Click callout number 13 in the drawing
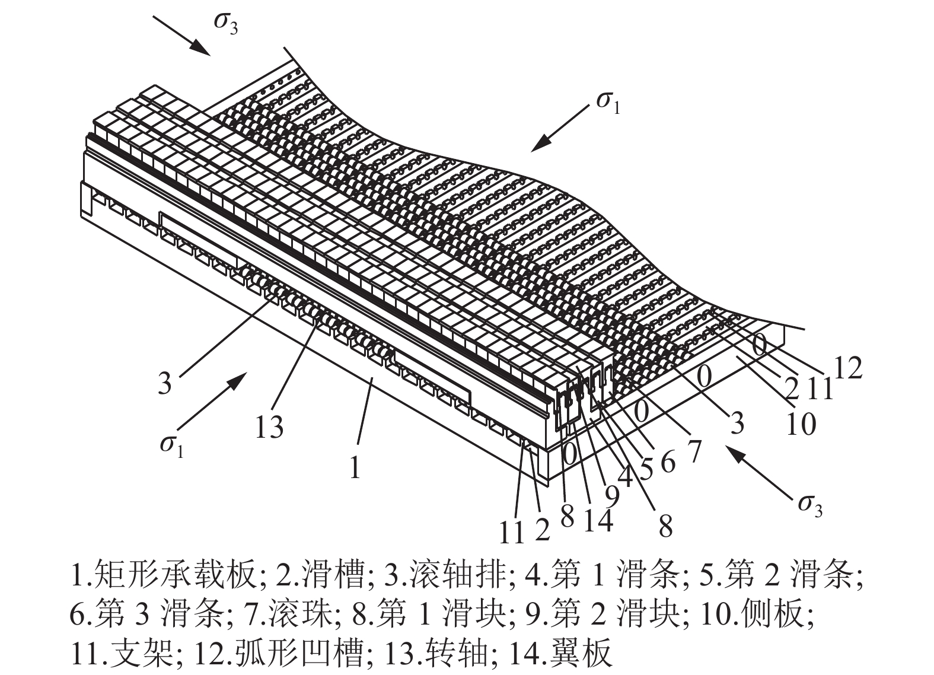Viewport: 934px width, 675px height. (269, 427)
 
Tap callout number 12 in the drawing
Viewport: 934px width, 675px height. (847, 369)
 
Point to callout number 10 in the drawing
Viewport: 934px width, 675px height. (800, 424)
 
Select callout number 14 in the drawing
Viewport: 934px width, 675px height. (597, 520)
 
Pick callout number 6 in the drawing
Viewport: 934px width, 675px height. (668, 461)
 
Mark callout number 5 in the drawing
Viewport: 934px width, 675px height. (645, 469)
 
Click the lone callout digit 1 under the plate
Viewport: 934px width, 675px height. (355, 468)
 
